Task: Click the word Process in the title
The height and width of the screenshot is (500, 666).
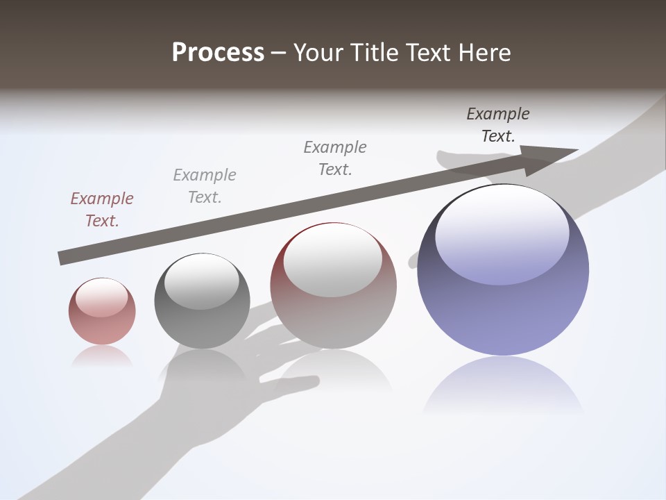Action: coord(218,53)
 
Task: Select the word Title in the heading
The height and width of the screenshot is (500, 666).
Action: coord(375,53)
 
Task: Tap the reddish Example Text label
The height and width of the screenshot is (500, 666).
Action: coord(102,210)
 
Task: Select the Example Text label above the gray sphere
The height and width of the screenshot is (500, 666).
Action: coord(205,186)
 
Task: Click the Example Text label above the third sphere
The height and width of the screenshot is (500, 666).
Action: coord(335,158)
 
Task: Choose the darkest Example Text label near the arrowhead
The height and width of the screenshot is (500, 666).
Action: coord(498,125)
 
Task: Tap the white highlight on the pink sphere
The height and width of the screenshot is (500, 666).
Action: coord(101,297)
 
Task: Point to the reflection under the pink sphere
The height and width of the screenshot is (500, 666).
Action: coord(102,356)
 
